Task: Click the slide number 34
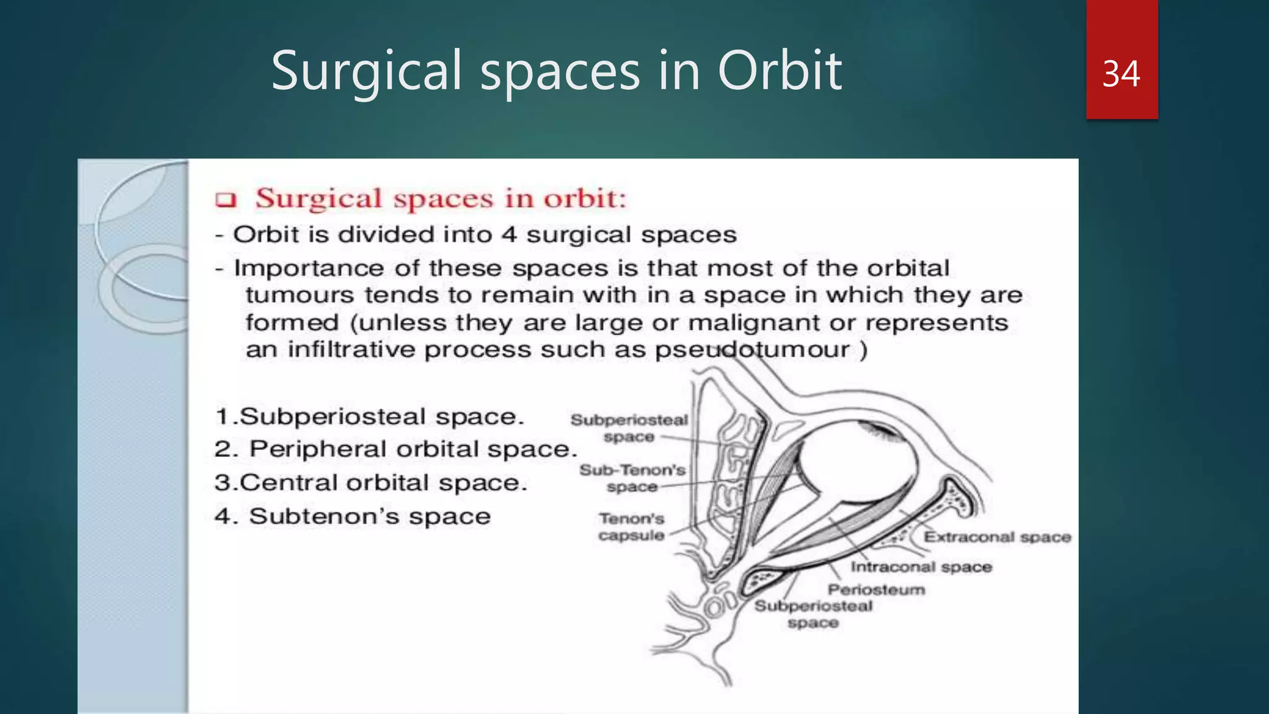click(x=1121, y=74)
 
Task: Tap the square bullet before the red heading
click(x=226, y=200)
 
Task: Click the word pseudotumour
click(x=752, y=350)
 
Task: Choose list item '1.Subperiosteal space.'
click(x=369, y=416)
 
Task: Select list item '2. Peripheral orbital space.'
click(x=395, y=449)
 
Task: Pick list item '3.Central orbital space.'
click(x=371, y=483)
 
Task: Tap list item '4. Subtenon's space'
click(x=352, y=516)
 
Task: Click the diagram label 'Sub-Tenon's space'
click(x=632, y=478)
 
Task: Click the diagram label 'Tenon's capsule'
click(x=631, y=527)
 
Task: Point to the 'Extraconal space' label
click(x=997, y=537)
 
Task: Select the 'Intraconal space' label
click(x=921, y=566)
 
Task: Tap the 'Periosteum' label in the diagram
click(x=876, y=589)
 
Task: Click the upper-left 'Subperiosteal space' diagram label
click(x=629, y=428)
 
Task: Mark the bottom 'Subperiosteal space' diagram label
click(x=813, y=614)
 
